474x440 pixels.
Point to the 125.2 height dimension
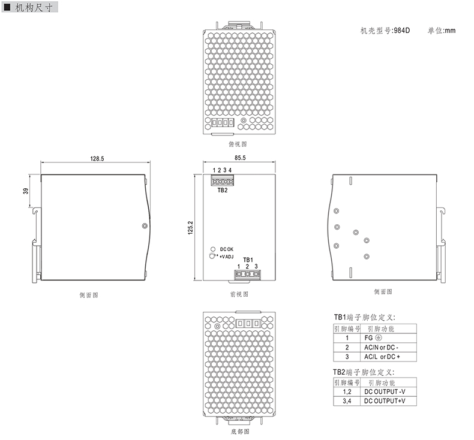click(x=191, y=228)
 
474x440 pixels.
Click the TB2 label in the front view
click(x=222, y=191)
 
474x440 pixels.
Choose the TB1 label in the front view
click(x=248, y=260)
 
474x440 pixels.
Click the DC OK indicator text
click(x=227, y=249)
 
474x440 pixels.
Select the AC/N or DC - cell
click(x=381, y=347)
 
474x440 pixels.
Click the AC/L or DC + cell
click(x=381, y=356)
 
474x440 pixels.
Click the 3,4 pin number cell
click(x=347, y=400)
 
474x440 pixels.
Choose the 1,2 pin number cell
click(x=347, y=391)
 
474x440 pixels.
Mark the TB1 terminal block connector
click(x=247, y=274)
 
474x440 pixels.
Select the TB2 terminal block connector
click(x=221, y=180)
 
